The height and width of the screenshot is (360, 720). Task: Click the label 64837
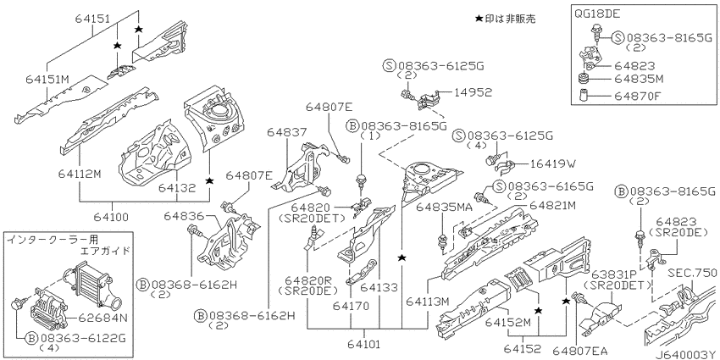point(286,133)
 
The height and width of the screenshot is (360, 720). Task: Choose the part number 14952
point(473,92)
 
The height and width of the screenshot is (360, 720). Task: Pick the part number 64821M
point(551,205)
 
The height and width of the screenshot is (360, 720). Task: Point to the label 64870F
point(639,97)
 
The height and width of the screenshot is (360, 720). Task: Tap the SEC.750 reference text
point(694,273)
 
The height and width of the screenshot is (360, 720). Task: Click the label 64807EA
point(579,352)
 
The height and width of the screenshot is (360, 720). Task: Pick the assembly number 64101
point(365,343)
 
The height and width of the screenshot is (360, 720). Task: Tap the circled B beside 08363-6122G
point(31,339)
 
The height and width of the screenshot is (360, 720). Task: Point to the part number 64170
point(351,305)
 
